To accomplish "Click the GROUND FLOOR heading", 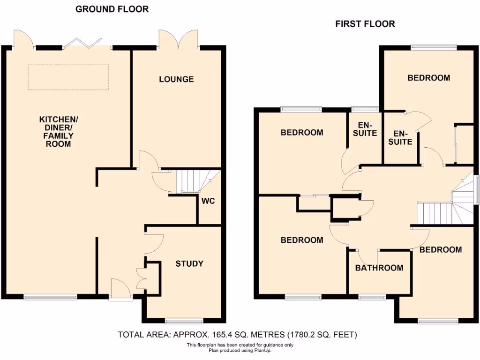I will pyautogui.click(x=112, y=9).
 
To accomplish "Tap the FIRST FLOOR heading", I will pyautogui.click(x=365, y=24).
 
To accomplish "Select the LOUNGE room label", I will pyautogui.click(x=176, y=79).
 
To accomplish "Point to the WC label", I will pyautogui.click(x=208, y=201).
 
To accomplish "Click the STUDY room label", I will pyautogui.click(x=189, y=263).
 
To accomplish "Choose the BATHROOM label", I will pyautogui.click(x=379, y=268).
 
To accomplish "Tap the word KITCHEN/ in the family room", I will pyautogui.click(x=59, y=120).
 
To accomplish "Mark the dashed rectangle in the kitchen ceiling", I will pyautogui.click(x=68, y=77).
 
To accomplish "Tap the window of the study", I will pyautogui.click(x=184, y=321).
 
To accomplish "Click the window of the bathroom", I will pyautogui.click(x=373, y=297).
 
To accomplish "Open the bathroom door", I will pyautogui.click(x=365, y=256).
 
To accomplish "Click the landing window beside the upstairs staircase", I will pyautogui.click(x=477, y=190).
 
